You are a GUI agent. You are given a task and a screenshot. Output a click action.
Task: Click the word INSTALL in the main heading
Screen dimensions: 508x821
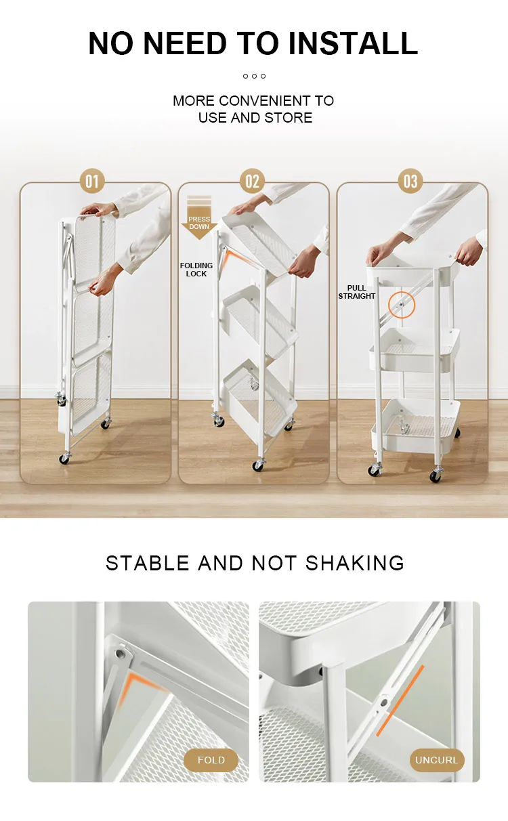coord(353,43)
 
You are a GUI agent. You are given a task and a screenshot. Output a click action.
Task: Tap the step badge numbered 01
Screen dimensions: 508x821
coord(92,181)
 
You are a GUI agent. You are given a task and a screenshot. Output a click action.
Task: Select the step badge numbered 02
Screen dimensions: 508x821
coord(252,181)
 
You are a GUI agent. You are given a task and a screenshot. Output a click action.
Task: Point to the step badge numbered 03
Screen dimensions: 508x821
coord(410,181)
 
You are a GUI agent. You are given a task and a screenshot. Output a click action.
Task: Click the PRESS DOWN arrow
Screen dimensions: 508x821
coord(199,218)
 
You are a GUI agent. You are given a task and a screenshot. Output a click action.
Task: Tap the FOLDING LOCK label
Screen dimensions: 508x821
coord(196,270)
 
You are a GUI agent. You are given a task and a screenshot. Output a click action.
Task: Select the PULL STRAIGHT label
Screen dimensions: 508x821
coord(357,292)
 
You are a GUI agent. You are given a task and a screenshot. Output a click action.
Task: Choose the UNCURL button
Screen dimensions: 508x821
coord(436,760)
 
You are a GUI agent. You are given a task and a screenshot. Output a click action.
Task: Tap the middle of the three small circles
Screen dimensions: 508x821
coord(254,77)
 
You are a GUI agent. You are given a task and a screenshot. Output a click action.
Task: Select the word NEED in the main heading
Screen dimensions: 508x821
coord(185,43)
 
